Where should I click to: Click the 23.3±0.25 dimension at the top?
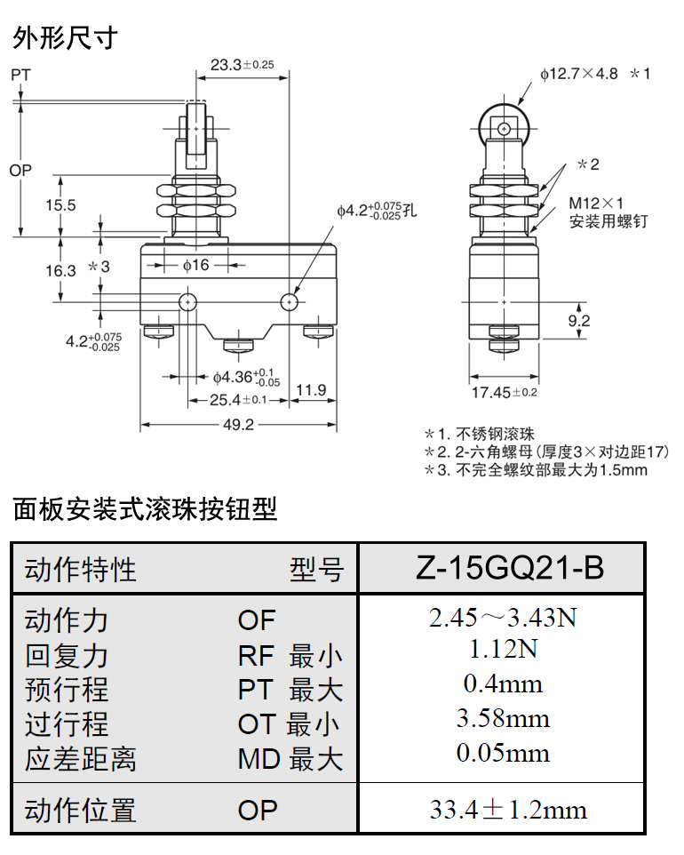point(242,64)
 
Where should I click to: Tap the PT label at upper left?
point(20,76)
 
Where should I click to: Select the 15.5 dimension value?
point(61,205)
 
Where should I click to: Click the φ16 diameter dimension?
point(195,265)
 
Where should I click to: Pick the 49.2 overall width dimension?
point(238,425)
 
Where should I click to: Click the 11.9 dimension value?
point(310,389)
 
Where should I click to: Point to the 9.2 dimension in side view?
point(578,321)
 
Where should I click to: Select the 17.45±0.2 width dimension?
point(504,391)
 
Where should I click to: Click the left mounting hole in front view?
point(188,303)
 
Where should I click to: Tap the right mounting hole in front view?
point(289,303)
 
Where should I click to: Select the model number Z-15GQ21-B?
point(502,569)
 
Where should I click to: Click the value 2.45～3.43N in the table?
point(502,618)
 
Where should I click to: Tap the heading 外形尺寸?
point(65,39)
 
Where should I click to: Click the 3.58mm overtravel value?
point(502,718)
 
